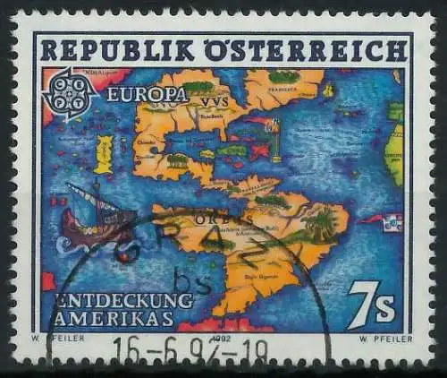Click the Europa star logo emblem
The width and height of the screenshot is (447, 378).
(70, 94)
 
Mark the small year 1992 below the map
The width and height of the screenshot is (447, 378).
(222, 338)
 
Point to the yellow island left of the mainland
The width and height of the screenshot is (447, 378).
(104, 154)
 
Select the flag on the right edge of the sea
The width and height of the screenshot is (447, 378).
(392, 222)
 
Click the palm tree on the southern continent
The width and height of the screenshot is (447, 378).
(318, 221)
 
